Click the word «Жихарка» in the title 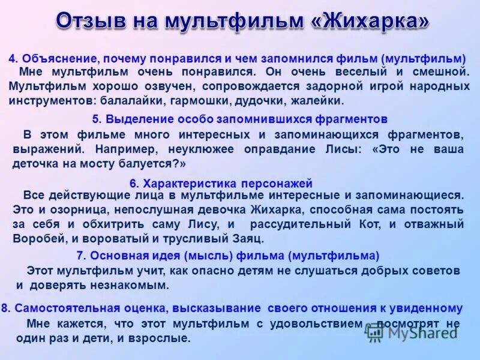[370, 22]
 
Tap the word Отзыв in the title [91, 22]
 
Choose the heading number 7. [81, 256]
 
